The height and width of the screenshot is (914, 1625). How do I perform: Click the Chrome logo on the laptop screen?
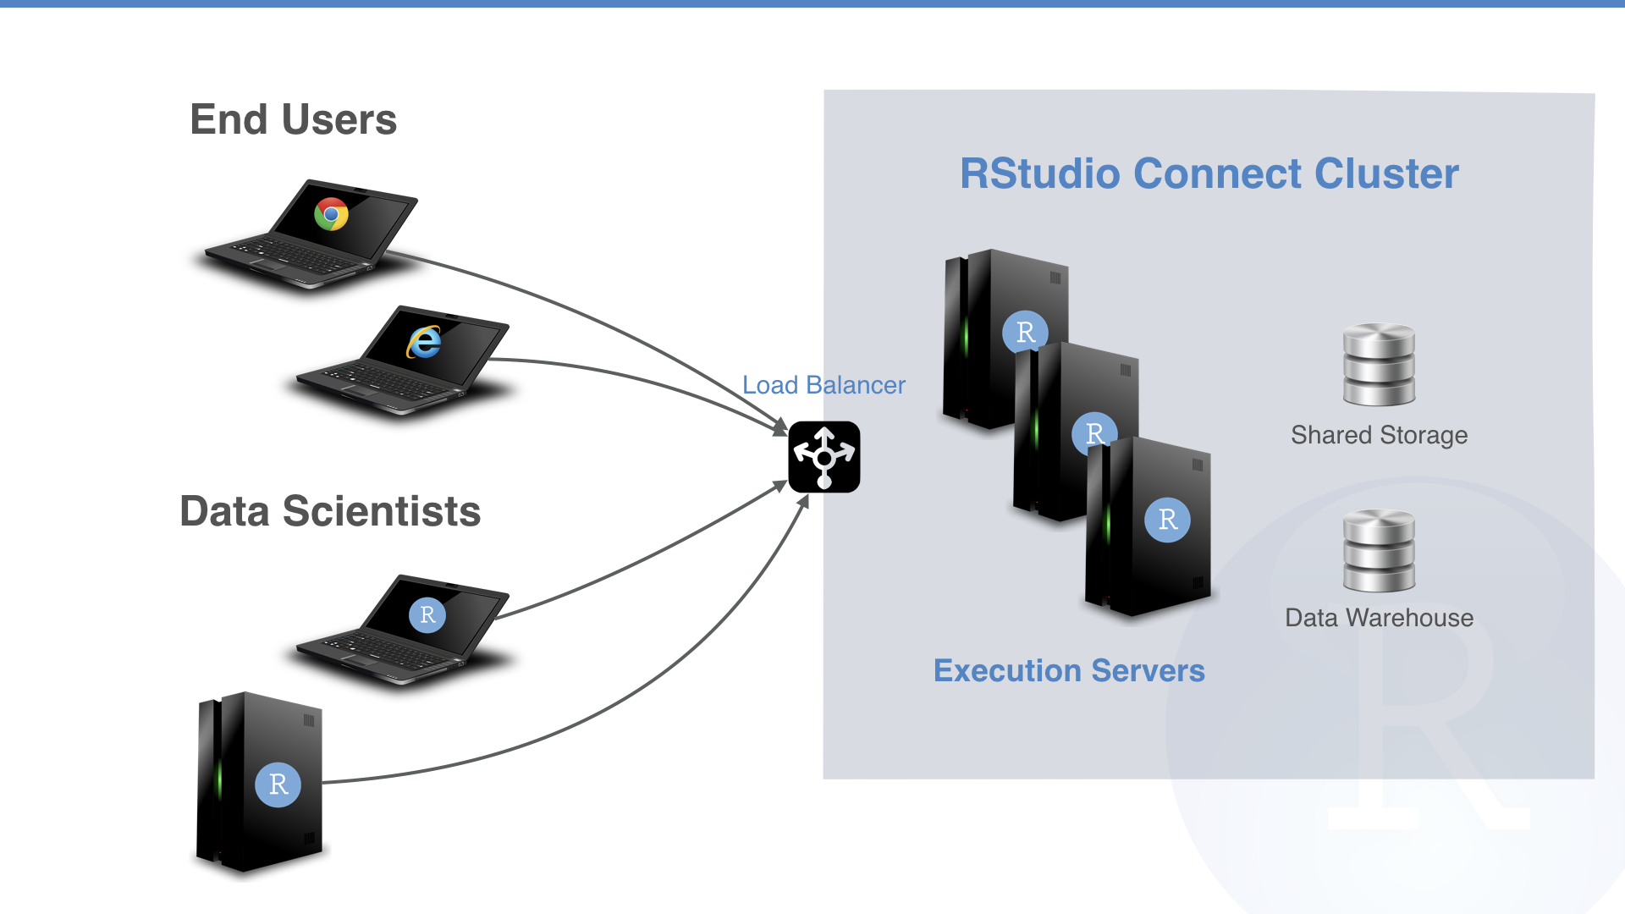[331, 214]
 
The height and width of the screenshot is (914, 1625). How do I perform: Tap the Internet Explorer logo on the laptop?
[425, 342]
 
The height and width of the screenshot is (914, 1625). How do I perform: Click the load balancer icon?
[824, 457]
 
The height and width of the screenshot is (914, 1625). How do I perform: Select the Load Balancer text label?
[824, 385]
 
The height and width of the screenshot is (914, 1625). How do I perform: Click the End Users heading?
[293, 119]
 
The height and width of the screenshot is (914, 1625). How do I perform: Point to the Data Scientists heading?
[330, 511]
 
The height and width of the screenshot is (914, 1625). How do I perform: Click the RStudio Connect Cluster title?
[1209, 173]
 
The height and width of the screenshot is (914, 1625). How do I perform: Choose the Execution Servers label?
[1069, 670]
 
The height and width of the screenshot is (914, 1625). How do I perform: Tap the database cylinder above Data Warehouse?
[1379, 550]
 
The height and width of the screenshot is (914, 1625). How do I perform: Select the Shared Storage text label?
[1379, 435]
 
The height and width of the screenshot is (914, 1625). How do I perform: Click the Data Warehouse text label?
[1379, 618]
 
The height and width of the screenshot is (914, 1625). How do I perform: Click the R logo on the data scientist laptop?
[427, 614]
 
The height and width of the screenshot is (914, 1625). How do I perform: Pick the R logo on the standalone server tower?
[278, 785]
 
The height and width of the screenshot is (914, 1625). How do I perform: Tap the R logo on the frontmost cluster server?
[1167, 520]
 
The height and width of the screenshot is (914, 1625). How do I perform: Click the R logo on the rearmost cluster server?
[1025, 331]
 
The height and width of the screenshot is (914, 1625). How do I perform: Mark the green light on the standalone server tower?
[220, 779]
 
